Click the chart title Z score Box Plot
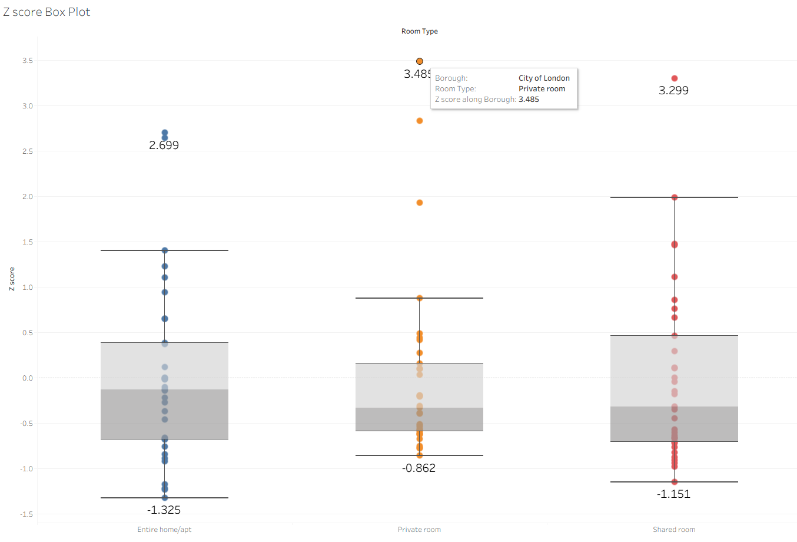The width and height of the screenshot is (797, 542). click(47, 12)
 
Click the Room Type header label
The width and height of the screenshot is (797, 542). click(419, 31)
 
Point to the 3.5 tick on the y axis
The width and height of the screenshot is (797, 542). click(28, 61)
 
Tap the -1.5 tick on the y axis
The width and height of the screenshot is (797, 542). click(27, 514)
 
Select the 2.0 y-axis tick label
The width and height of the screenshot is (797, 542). click(28, 197)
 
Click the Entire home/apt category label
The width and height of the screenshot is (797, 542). click(164, 530)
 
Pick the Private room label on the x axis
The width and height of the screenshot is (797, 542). click(419, 530)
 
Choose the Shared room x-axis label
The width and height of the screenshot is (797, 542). click(674, 530)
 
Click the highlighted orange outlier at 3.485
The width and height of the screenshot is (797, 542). click(420, 61)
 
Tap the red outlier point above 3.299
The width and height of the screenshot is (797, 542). click(675, 78)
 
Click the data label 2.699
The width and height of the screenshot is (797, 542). click(164, 146)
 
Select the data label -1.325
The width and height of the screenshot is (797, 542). click(164, 510)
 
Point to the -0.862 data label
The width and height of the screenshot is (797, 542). click(419, 468)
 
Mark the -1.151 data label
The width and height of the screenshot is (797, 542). click(673, 494)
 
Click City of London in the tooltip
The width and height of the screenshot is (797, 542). click(544, 78)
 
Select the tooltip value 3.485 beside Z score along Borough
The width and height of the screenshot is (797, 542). click(529, 100)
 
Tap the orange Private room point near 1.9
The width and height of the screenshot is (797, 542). click(420, 203)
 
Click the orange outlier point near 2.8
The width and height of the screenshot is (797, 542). click(420, 121)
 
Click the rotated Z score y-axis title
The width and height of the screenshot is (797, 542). click(12, 279)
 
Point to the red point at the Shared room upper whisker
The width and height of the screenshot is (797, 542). click(675, 197)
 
